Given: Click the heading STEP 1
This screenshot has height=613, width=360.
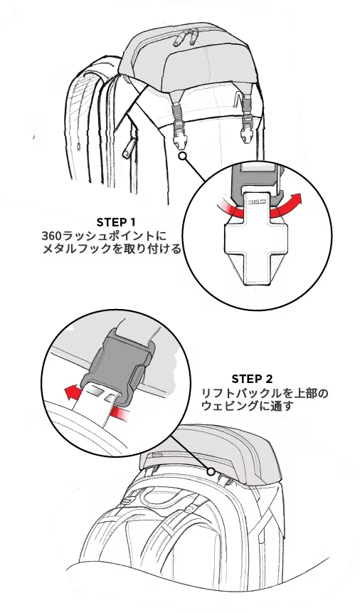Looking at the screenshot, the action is click(116, 222).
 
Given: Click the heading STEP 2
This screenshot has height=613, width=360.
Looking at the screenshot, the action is click(252, 379).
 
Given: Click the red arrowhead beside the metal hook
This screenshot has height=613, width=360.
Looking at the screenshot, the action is click(297, 199).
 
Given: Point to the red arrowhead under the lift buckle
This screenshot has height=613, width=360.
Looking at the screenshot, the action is click(70, 392).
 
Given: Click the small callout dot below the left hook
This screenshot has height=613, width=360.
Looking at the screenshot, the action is click(182, 156).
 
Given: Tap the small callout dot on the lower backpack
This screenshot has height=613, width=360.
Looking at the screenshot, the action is click(211, 471).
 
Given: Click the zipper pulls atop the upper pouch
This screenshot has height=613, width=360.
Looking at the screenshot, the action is click(189, 36).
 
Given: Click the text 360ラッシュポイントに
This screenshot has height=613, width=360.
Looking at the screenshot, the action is click(104, 236).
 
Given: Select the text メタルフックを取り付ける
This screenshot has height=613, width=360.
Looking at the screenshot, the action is click(112, 248).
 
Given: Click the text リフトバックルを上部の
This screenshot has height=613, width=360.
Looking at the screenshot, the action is click(265, 393).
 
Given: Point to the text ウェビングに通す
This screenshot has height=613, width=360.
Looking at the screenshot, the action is click(247, 406).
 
